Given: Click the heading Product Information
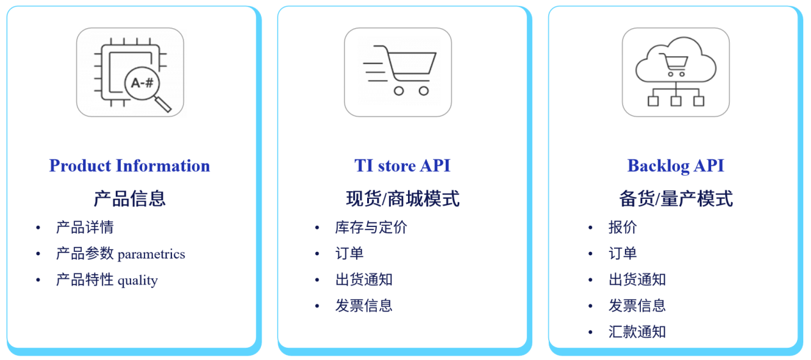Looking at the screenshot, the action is coord(130,166).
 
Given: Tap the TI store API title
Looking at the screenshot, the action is coord(402,166).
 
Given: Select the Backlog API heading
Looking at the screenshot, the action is coord(675,166).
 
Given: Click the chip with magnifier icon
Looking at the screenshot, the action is coord(130,72).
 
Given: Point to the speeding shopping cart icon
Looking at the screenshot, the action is coord(400,70).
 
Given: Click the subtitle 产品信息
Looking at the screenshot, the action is coord(130,199).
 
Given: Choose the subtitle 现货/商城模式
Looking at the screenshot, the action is coord(402,199).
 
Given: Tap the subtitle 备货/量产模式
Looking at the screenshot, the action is coord(676,199).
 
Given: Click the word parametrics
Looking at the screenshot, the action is coord(152,254).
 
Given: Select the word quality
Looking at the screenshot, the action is coord(138,281).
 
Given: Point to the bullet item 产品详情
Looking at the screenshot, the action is coord(84,228).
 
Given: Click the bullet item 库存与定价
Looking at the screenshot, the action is coord(371,228).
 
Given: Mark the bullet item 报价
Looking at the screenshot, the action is coord(622,228).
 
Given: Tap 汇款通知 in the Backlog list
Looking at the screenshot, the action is coord(637,332).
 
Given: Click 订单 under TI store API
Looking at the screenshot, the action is coord(349,253).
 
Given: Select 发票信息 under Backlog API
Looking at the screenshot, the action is coord(637,306).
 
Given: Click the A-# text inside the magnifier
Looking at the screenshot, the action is coord(142,83).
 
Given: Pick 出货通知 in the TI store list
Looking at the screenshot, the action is coord(364,279).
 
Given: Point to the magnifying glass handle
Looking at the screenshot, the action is coord(163,104).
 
